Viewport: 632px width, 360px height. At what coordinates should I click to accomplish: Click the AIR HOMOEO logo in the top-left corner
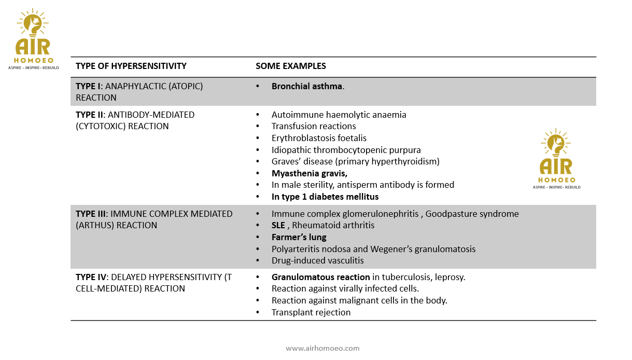33,39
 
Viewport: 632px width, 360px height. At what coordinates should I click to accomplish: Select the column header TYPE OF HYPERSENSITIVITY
131,66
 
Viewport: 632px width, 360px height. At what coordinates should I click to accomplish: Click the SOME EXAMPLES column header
290,66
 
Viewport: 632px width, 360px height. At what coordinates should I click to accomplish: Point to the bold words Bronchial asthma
307,86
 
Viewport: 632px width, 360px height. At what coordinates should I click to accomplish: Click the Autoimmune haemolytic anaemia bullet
339,115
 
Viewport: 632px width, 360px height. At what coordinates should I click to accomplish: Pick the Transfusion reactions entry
314,126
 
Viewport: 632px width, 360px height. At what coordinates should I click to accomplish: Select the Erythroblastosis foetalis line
319,138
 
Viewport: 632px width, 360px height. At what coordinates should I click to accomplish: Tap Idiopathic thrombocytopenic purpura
346,150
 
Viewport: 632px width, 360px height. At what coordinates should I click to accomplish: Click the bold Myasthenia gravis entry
309,173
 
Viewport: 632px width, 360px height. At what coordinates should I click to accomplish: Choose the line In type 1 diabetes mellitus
325,197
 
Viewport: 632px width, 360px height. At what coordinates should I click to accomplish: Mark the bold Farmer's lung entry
299,237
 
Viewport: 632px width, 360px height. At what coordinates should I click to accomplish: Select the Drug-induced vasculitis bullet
317,260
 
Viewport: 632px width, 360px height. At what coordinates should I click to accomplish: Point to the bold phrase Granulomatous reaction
320,277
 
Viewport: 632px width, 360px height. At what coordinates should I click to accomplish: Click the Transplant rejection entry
311,312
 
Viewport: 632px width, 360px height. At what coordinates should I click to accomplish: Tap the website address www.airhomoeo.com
322,348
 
